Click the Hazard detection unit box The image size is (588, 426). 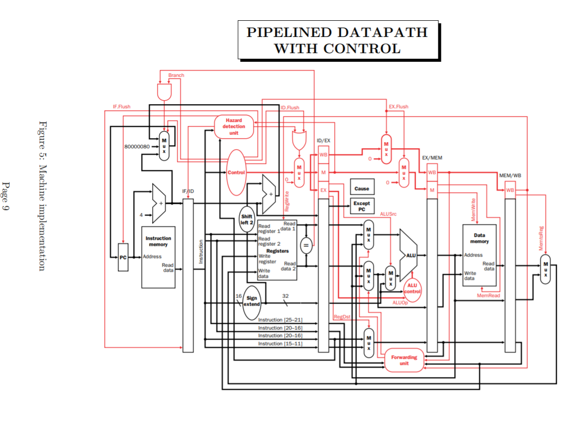coord(234,126)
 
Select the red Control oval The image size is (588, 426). coord(236,173)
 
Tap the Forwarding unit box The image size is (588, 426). coord(404,360)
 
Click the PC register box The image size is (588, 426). coord(123,258)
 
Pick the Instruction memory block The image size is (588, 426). coord(158,257)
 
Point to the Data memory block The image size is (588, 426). coord(479,255)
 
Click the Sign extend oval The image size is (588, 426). coord(252,302)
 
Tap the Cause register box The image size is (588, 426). coord(361,188)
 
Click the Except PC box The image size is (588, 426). coord(361,206)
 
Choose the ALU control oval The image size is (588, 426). coord(412,289)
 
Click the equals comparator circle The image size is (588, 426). coord(305,246)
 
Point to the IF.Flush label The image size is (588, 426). coord(121,107)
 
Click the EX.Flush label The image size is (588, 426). coord(398,107)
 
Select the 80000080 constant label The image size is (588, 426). coord(137,146)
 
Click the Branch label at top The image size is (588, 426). coord(176,75)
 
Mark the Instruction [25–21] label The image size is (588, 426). coord(280,320)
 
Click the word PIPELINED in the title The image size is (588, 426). coord(289,33)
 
